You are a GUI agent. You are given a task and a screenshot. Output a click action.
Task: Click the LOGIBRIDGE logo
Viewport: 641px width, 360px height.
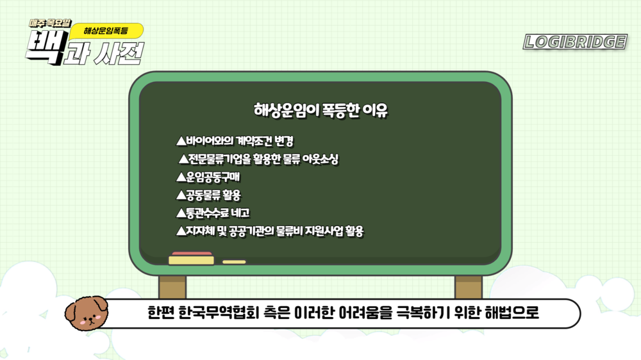click(x=575, y=42)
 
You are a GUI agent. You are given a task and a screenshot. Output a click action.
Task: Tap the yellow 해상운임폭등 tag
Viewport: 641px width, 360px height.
click(x=106, y=31)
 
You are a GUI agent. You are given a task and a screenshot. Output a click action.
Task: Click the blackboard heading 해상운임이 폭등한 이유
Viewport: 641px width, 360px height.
click(x=320, y=110)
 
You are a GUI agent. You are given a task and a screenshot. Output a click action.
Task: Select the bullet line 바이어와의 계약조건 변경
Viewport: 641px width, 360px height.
click(x=235, y=142)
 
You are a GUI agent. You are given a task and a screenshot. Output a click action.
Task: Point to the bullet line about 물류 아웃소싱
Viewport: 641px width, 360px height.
click(x=258, y=159)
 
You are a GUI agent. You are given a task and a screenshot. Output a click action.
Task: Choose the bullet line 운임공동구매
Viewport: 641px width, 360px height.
click(x=208, y=177)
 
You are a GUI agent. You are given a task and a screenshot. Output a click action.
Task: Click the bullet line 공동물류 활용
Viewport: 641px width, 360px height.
click(x=208, y=195)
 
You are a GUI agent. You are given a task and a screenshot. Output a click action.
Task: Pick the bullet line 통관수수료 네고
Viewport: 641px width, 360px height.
click(x=213, y=213)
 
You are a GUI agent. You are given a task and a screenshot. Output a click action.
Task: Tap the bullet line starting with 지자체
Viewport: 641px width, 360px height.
click(x=270, y=231)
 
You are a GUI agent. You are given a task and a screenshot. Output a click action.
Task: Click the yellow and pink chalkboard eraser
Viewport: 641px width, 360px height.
click(x=191, y=258)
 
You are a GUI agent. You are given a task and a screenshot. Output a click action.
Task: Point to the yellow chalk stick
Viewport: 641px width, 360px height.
click(x=234, y=262)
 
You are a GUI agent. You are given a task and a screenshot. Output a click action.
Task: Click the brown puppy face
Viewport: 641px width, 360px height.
click(x=87, y=313)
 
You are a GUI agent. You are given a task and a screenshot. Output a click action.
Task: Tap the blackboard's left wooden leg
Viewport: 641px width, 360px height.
click(x=172, y=287)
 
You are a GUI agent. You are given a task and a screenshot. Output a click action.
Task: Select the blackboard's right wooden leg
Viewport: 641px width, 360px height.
click(x=469, y=287)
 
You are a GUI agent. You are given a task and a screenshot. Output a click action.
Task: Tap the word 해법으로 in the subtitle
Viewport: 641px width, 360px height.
click(x=512, y=313)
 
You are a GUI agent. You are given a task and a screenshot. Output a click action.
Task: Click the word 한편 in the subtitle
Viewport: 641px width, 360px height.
click(x=161, y=313)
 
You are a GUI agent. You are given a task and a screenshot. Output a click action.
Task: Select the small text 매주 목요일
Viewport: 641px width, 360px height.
click(x=50, y=24)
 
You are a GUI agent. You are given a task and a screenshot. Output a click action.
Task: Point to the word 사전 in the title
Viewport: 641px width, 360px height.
click(x=119, y=54)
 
